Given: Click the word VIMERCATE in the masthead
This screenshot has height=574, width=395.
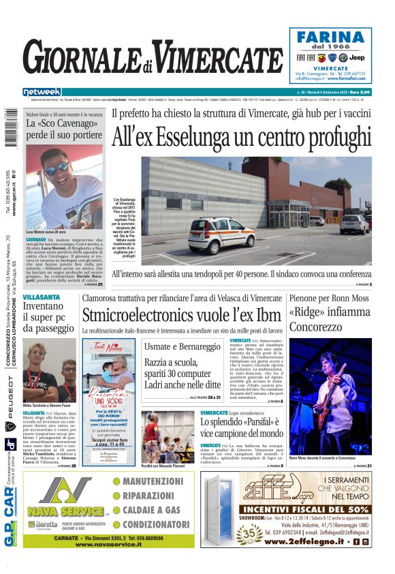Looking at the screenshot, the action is [x=219, y=57].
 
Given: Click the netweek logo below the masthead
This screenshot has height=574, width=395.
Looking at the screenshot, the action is [x=42, y=92].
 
